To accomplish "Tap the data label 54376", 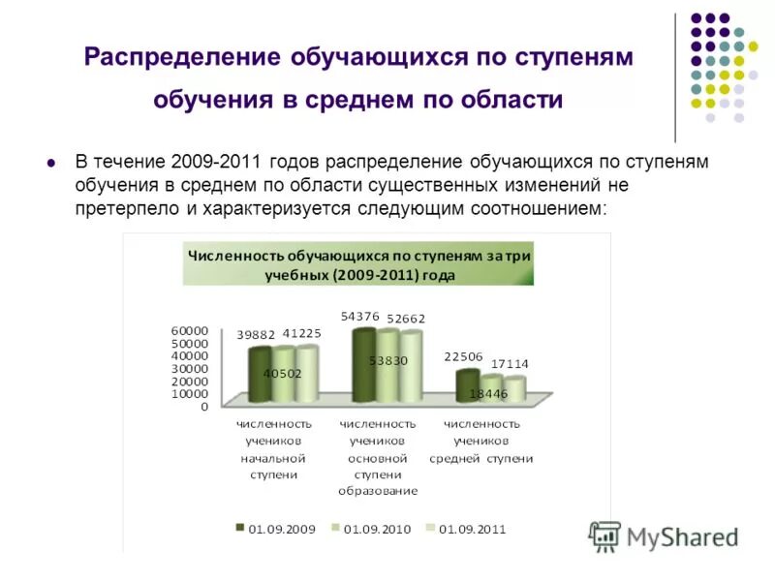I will [359, 316].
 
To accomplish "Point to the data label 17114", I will [510, 363].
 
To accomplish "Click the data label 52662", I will [406, 318].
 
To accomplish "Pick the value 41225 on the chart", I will [301, 334].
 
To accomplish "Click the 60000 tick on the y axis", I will [190, 331].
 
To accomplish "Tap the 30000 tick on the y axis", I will [190, 369].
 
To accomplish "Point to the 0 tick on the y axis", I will [204, 407].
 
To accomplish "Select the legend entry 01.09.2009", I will [280, 529].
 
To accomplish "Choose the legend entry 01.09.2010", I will [375, 529].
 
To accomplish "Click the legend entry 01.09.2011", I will [470, 529].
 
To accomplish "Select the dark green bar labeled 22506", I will [467, 385].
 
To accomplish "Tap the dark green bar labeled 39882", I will [260, 375].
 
